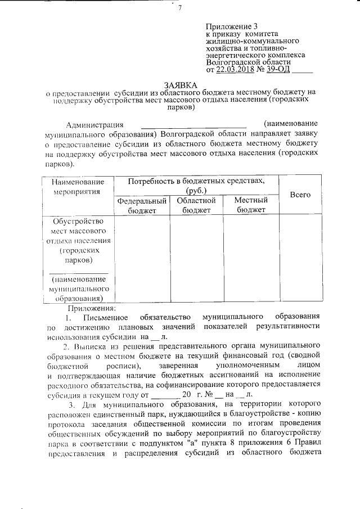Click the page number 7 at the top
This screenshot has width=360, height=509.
179,8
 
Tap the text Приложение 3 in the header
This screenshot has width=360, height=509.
231,26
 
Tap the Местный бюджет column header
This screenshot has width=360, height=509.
250,205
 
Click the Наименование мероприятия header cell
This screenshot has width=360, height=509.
78,187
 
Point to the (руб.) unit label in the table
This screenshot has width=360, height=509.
196,191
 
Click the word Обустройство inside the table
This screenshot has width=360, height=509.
78,221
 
